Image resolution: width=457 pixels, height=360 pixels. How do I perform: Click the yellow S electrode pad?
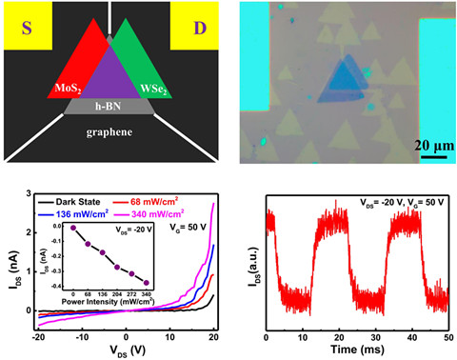tap(27, 26)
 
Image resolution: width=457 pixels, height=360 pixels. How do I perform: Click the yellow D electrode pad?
tap(196, 26)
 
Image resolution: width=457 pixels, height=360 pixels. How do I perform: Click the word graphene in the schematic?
tap(111, 132)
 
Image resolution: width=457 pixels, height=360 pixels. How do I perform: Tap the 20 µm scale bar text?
tap(430, 145)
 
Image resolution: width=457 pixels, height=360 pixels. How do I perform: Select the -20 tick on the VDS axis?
tap(38, 335)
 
